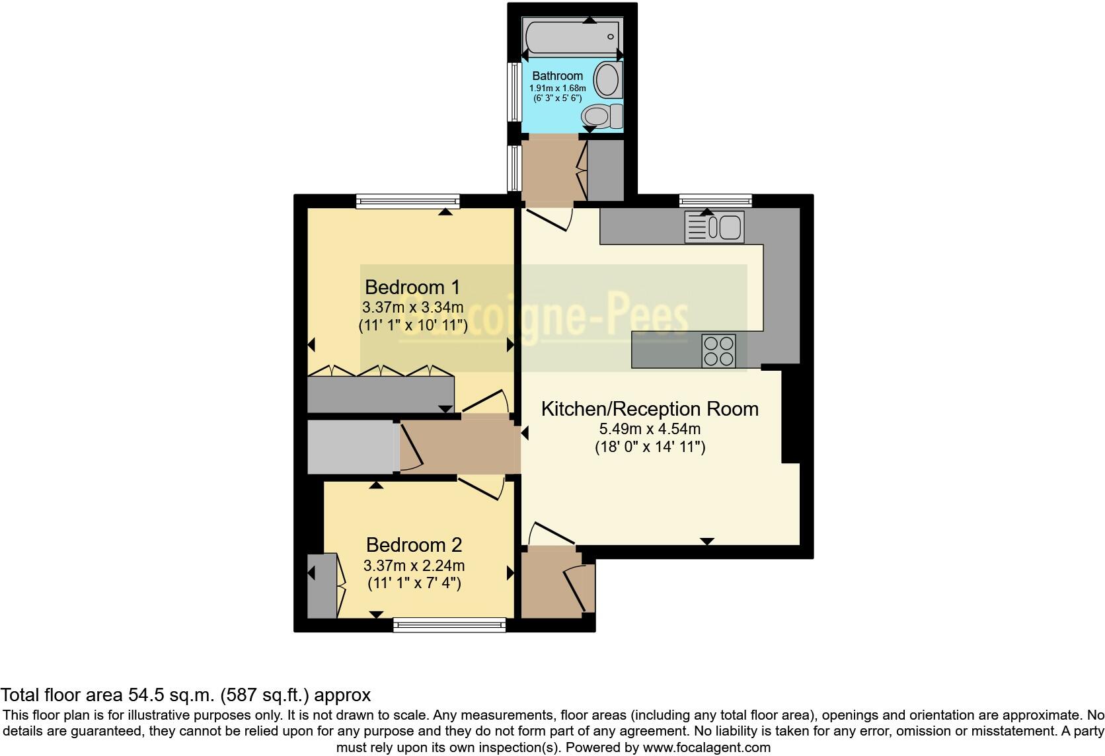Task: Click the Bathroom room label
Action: (x=557, y=75)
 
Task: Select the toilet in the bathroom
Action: (x=602, y=117)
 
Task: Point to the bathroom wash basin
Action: (x=607, y=80)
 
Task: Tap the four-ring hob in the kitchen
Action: (x=718, y=351)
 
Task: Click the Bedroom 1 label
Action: (x=412, y=287)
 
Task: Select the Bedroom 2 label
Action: (x=414, y=545)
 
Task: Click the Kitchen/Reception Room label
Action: (x=650, y=409)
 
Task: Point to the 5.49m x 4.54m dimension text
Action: (x=650, y=429)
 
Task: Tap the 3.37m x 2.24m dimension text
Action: (x=414, y=566)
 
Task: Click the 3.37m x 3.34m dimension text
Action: (x=412, y=307)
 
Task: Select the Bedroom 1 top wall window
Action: (x=407, y=201)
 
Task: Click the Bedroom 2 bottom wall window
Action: (x=449, y=624)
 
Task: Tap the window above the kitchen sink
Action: (x=716, y=200)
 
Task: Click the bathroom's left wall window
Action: (x=512, y=92)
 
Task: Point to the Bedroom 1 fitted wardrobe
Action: (x=381, y=394)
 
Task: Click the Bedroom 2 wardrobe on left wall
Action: (x=322, y=586)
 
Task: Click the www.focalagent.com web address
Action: (x=706, y=748)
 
